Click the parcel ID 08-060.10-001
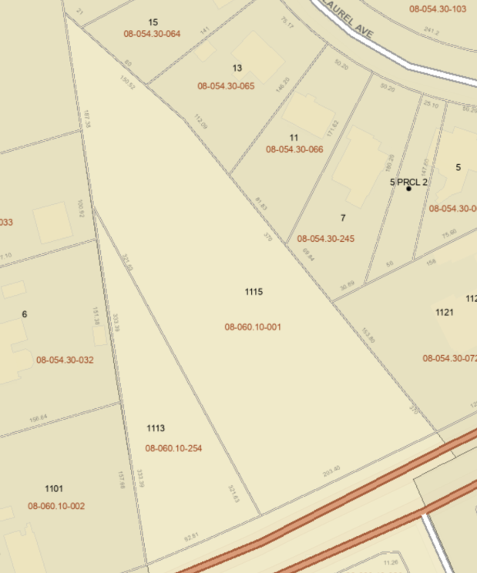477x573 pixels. point(253,327)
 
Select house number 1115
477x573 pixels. point(254,292)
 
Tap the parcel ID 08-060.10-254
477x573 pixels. point(173,447)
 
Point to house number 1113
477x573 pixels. point(156,428)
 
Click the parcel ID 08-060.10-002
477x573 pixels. point(56,506)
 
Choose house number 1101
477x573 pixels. point(54,488)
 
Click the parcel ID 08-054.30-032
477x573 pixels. point(65,360)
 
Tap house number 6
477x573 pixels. point(25,314)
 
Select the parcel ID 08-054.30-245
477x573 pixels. point(325,239)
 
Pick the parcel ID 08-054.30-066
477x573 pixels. point(294,149)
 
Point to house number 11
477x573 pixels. point(294,138)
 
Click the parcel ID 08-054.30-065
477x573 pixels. point(226,86)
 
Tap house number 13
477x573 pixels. point(237,68)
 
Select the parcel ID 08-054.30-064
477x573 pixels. point(152,34)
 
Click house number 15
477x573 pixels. point(153,22)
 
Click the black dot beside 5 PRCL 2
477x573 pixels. point(408,189)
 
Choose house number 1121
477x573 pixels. point(444,312)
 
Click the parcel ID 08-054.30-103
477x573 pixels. point(438,9)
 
